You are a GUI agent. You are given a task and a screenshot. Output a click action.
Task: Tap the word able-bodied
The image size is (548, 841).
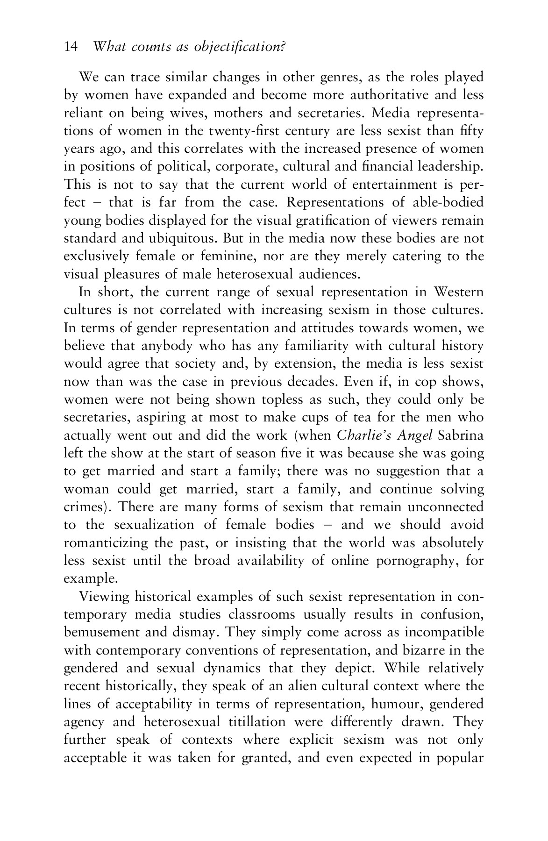click(448, 202)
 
